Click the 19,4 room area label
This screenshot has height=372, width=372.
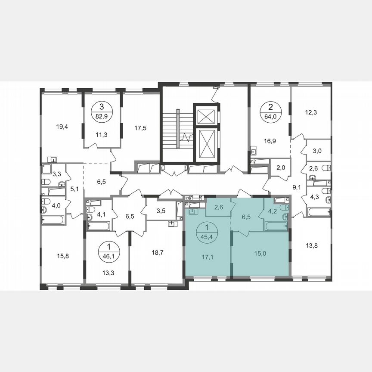pos(62,127)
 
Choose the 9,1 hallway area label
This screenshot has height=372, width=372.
pos(297,187)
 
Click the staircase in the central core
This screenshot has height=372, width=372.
pos(176,129)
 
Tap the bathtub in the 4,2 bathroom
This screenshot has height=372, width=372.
pos(274,226)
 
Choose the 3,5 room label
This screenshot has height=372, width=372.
pos(161,211)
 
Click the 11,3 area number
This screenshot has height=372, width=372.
pos(102,134)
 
